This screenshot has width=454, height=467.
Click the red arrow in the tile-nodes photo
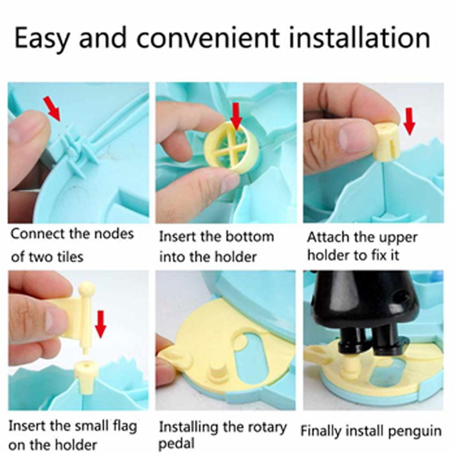[53, 108]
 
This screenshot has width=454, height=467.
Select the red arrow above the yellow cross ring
[235, 116]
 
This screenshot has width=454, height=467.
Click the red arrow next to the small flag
[100, 322]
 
